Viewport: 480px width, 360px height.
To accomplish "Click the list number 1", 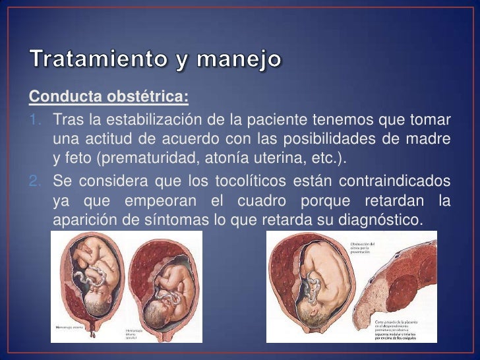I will [x=37, y=121].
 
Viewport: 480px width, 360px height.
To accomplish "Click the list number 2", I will [x=37, y=181].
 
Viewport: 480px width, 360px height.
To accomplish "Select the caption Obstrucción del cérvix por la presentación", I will [x=363, y=247].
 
